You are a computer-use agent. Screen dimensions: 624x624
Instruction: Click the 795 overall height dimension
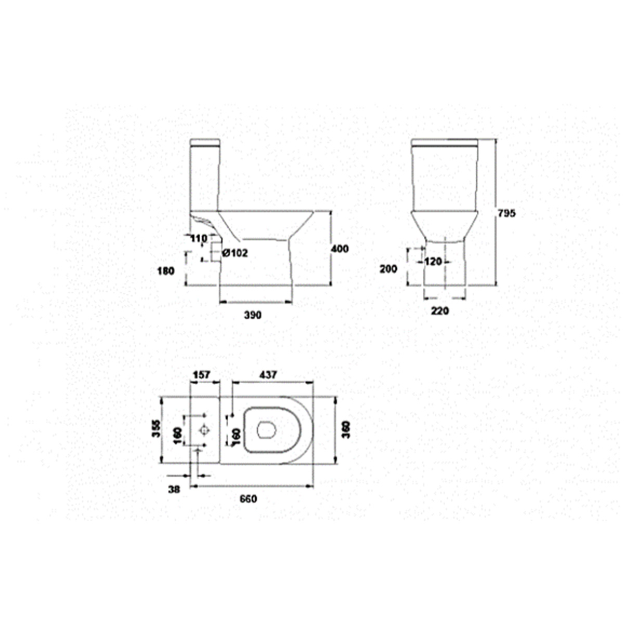click(x=506, y=213)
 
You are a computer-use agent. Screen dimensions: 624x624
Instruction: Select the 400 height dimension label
click(x=340, y=249)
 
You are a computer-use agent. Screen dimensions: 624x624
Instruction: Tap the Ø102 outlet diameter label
click(x=235, y=253)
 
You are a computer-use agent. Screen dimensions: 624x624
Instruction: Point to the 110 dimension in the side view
click(x=199, y=239)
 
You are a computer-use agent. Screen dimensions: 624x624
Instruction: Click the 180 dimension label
click(x=165, y=270)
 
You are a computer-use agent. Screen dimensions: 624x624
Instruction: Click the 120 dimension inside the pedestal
click(x=433, y=262)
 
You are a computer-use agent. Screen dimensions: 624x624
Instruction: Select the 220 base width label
click(x=440, y=311)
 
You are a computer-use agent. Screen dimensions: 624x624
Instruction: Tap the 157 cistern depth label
click(x=201, y=374)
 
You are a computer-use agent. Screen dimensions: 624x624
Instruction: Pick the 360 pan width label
click(x=345, y=430)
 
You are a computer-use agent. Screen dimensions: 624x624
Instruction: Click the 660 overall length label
click(x=248, y=499)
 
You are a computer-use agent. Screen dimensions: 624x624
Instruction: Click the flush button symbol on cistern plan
click(x=204, y=431)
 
